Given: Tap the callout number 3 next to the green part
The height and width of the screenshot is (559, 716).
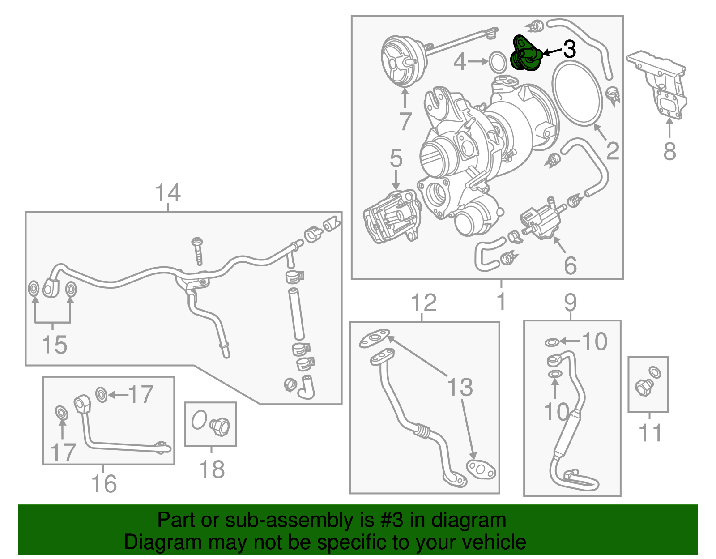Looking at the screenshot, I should [569, 49].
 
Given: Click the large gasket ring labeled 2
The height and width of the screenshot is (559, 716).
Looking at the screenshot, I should [578, 94].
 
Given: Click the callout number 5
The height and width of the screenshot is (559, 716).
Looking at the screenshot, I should [396, 158].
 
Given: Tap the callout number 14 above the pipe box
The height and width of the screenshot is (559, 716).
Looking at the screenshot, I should [168, 193].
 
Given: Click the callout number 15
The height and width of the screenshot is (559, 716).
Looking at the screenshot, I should [54, 345].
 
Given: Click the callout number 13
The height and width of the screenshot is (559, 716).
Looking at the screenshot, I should [460, 387].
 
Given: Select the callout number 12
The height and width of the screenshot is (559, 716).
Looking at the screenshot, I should [423, 303].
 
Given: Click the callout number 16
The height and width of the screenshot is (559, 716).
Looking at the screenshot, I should [104, 484].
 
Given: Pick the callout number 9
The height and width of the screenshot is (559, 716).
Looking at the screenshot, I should [570, 303].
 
